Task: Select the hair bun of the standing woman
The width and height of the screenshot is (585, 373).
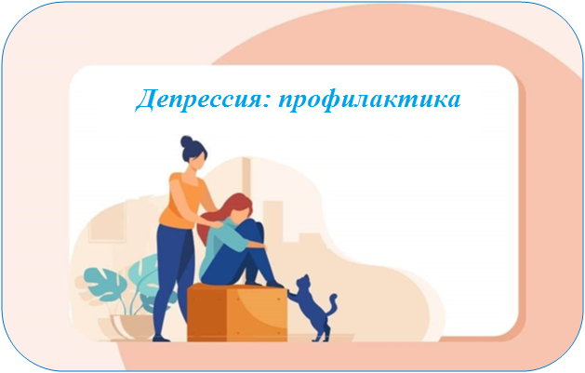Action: [x=187, y=141]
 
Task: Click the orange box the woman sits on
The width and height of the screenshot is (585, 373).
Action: [x=237, y=313]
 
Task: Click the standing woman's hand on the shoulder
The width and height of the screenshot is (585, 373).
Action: [x=216, y=224]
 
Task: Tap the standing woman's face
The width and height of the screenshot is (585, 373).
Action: [x=197, y=160]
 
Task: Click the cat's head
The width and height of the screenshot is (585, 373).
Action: [x=303, y=281]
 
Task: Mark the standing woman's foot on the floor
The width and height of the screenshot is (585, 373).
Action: [x=161, y=339]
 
